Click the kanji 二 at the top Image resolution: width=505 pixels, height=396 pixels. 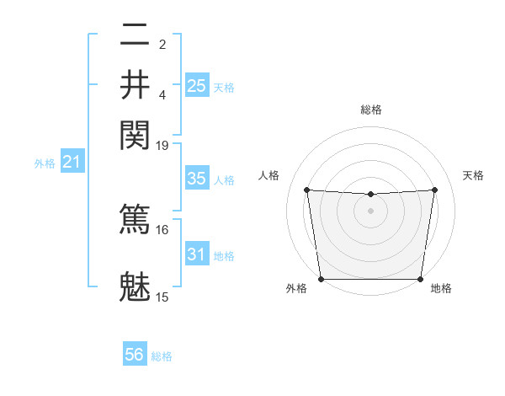point(135,35)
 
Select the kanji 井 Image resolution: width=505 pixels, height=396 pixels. point(135,83)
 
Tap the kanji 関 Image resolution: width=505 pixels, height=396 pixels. point(135,132)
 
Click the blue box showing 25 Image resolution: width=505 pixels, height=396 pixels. point(197,85)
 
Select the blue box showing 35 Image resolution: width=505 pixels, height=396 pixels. point(197,179)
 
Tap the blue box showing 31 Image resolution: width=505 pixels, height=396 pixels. point(197,254)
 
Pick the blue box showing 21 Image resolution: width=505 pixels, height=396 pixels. point(72,162)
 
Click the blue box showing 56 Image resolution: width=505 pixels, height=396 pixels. point(135,355)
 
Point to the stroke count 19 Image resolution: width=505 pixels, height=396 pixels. point(162,145)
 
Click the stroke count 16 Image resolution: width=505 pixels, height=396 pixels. point(162,229)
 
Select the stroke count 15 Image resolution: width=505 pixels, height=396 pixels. point(162,297)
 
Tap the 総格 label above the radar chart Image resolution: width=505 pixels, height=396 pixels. point(370,110)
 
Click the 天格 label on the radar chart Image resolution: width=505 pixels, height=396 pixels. point(473,175)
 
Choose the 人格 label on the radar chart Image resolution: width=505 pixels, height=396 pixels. point(269,175)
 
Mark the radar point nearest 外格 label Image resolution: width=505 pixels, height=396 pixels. point(321,279)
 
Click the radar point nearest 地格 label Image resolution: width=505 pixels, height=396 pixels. point(421,279)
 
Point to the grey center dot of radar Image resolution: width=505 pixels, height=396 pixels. point(370,211)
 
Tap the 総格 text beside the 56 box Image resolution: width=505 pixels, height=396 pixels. point(162,356)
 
